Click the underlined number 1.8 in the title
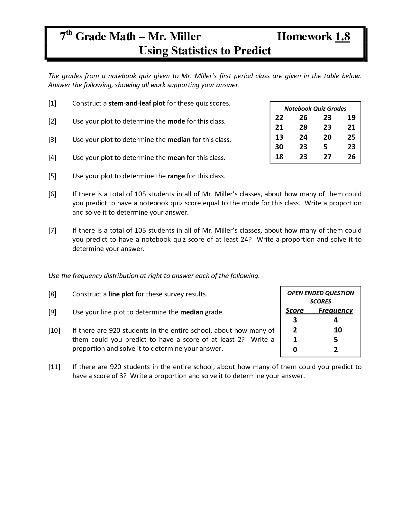pos(342,37)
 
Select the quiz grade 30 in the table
pos(279,147)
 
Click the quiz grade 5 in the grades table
pos(325,147)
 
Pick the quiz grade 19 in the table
pos(351,117)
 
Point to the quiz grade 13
pos(279,137)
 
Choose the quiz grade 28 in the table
pos(303,127)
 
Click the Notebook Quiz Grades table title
pos(315,109)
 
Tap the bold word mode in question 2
pos(176,122)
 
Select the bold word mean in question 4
pos(176,158)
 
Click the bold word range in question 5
pos(176,176)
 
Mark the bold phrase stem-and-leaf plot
pos(137,104)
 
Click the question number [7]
pos(52,230)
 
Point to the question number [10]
pos(54,331)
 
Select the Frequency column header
pos(335,311)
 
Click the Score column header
pos(295,311)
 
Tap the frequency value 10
pos(338,330)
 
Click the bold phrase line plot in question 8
pos(121,294)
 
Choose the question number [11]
pos(54,367)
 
